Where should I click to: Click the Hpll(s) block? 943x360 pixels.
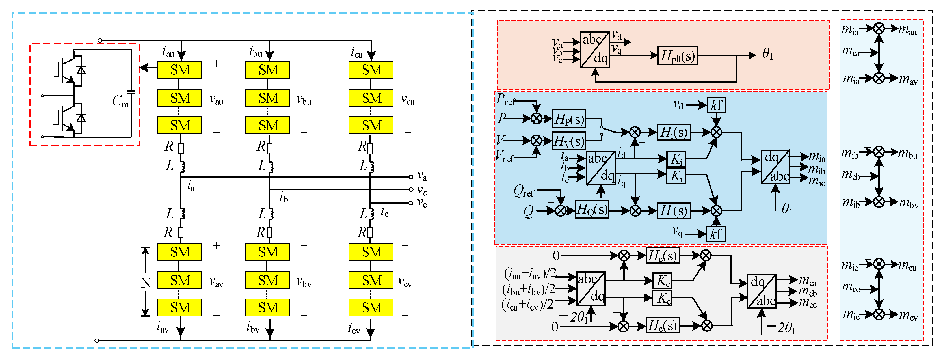[677, 56]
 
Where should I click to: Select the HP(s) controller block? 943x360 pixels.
[568, 119]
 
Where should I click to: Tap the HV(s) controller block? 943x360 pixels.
[568, 141]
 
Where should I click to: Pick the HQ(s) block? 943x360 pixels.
[592, 210]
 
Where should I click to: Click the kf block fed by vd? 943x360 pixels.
[716, 105]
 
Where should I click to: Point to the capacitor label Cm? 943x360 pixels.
[120, 101]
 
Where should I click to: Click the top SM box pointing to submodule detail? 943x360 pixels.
[179, 70]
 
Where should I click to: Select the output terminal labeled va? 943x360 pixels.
[411, 177]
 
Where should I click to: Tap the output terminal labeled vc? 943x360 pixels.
[411, 203]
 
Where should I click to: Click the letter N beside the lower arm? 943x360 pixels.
[146, 283]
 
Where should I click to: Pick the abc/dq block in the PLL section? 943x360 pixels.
[595, 49]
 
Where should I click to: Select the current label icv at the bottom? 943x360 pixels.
[354, 329]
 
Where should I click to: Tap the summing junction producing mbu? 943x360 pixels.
[879, 152]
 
